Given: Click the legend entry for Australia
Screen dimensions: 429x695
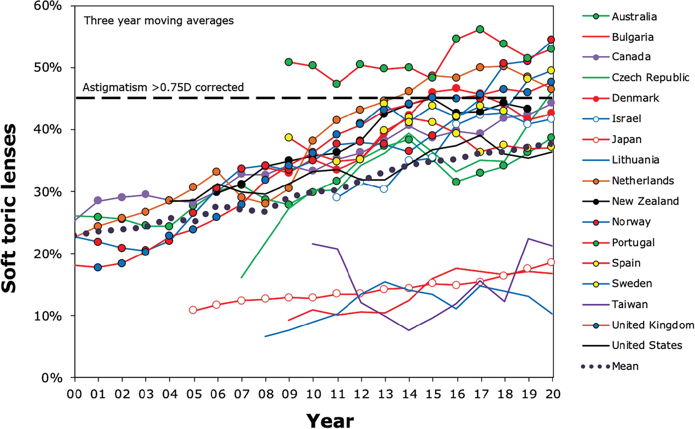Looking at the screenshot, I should pyautogui.click(x=634, y=16).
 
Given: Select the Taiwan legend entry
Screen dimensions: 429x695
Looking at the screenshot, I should pyautogui.click(x=629, y=304).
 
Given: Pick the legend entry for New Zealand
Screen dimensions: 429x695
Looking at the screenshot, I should pyautogui.click(x=645, y=201).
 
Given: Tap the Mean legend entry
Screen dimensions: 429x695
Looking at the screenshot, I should pyautogui.click(x=625, y=366).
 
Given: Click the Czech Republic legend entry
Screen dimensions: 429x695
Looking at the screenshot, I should pyautogui.click(x=650, y=77).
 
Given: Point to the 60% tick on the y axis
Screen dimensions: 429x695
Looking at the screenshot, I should pyautogui.click(x=47, y=6).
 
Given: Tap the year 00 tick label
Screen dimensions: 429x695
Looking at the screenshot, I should pyautogui.click(x=75, y=394).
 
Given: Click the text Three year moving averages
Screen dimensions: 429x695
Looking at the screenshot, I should pyautogui.click(x=159, y=21).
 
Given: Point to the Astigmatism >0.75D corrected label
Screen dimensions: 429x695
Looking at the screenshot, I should pyautogui.click(x=163, y=87).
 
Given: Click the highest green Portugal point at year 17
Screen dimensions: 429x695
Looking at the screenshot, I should pyautogui.click(x=480, y=29).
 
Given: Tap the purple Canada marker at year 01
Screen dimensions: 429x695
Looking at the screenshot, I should pyautogui.click(x=98, y=200).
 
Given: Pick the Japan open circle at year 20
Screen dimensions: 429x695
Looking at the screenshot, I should pyautogui.click(x=551, y=262).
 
